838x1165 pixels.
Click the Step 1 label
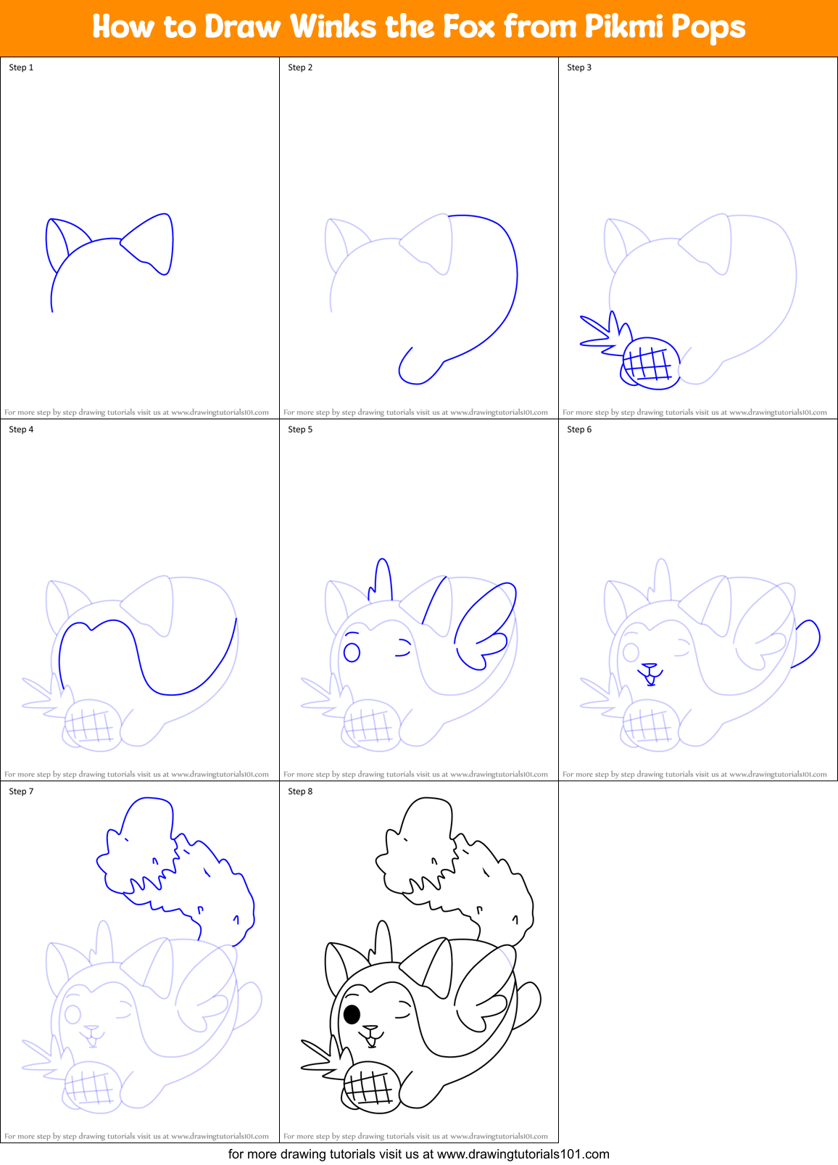pyautogui.click(x=21, y=67)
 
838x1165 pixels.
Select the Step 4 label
pyautogui.click(x=21, y=429)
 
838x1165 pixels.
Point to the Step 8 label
pyautogui.click(x=300, y=791)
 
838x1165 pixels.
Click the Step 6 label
pyautogui.click(x=579, y=429)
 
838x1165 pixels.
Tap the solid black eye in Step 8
pyautogui.click(x=352, y=1013)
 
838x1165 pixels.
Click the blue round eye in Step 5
pyautogui.click(x=352, y=651)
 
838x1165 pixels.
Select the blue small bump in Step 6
pyautogui.click(x=808, y=641)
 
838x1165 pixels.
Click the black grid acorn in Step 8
pyautogui.click(x=371, y=1086)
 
